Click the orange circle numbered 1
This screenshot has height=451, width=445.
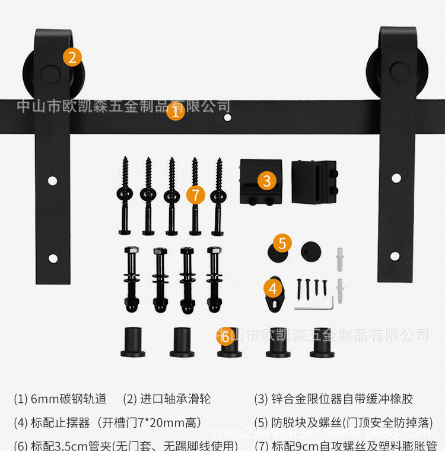pos(175,111)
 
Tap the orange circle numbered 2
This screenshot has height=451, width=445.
pos(72,57)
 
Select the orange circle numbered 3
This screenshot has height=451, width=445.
pos(267,180)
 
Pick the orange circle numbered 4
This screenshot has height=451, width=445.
pos(272,289)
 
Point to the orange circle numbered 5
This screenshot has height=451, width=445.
pos(282,243)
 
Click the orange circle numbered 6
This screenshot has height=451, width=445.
pos(225,336)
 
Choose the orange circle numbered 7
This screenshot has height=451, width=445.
pos(195,195)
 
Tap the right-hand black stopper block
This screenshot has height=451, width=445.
pos(314,182)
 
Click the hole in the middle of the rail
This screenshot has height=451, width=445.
pos(227,118)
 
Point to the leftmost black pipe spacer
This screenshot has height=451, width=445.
pos(133,343)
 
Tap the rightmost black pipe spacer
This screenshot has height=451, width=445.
pos(322,343)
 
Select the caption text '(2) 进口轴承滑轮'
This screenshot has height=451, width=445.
pos(167,399)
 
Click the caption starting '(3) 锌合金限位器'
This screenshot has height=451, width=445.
pos(333,399)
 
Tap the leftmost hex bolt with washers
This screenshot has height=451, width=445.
pos(131,279)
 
